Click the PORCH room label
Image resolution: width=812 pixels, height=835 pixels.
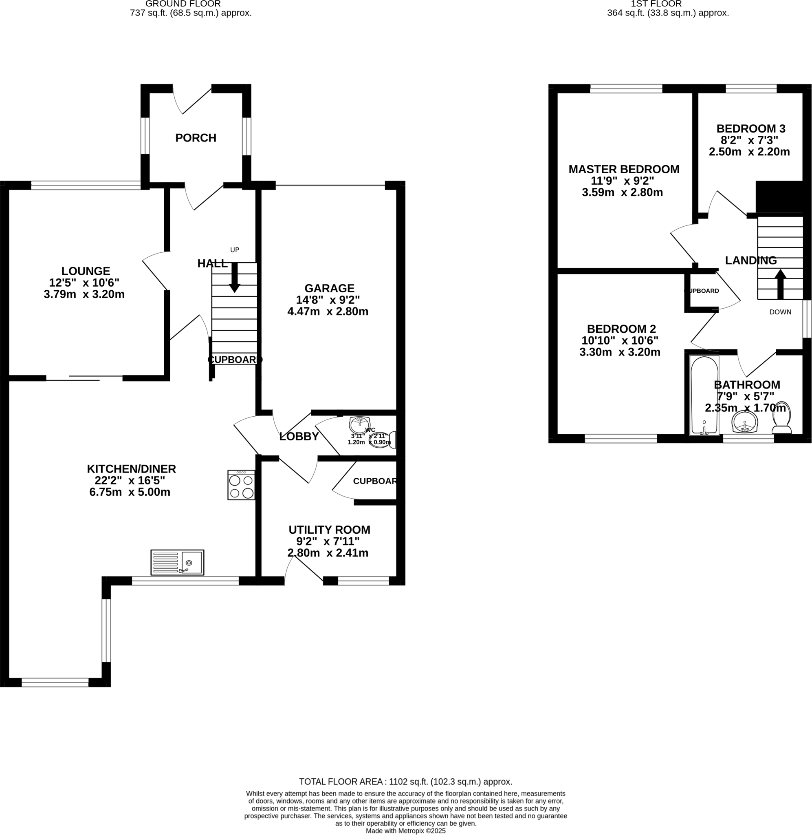pos(196,138)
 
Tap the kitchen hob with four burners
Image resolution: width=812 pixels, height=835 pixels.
pos(241,485)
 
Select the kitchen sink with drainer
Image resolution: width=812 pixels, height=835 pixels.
pos(177,562)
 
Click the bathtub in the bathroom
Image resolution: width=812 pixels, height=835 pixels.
pos(704,395)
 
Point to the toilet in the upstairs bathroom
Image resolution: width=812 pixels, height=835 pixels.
pos(782,418)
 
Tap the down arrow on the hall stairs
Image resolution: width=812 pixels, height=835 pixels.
pos(235,278)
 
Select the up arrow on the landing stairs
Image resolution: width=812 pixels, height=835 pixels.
pos(780,284)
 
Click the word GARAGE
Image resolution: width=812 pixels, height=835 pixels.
pos(329,288)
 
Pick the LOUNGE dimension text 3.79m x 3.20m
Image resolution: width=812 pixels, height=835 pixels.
pos(84,294)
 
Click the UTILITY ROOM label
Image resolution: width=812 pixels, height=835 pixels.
pos(329,530)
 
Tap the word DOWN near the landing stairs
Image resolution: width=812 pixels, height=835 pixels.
pos(780,312)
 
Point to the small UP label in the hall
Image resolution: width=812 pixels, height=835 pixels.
pos(235,250)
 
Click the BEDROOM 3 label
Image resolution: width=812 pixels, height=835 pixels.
pos(750,128)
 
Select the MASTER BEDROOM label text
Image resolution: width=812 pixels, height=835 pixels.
pos(623,169)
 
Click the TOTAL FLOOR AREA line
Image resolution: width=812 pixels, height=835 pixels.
pos(405,782)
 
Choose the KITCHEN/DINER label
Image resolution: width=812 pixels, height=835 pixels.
pos(131,468)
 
